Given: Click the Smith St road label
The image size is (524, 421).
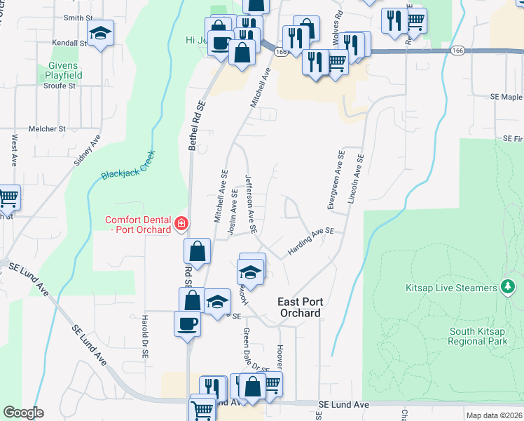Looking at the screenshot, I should click(x=78, y=18).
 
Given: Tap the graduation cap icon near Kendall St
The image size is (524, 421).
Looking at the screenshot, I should click(x=100, y=32).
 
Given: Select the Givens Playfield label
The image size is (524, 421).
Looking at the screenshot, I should click(x=64, y=70).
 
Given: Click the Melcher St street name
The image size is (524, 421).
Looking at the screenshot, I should click(x=46, y=129).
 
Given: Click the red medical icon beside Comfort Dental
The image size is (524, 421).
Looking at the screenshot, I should click(x=181, y=224).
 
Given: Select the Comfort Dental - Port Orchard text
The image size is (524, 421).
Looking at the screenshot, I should click(x=138, y=225).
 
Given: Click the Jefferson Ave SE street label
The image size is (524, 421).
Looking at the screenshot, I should click(x=250, y=203).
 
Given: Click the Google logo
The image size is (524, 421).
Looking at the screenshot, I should click(x=23, y=412).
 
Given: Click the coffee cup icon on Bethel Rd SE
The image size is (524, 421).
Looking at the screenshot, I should click(x=187, y=323).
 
